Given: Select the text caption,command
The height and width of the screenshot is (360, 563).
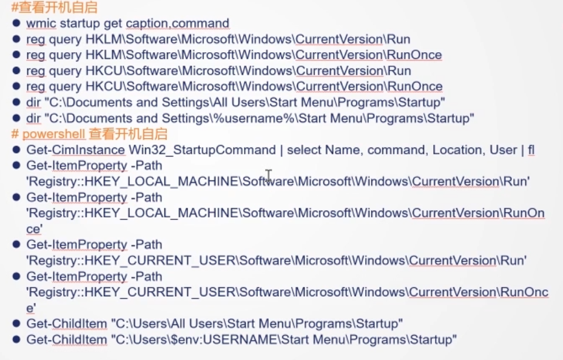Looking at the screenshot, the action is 177,24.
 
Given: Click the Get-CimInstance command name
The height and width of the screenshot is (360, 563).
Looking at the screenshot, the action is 76,150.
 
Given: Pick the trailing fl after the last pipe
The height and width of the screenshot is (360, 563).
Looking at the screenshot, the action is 531,150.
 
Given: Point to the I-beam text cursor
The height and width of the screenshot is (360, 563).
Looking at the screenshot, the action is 268,176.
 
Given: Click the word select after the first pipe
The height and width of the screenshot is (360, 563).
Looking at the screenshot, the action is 304,150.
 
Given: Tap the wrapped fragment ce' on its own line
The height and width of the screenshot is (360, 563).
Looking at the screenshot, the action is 34,229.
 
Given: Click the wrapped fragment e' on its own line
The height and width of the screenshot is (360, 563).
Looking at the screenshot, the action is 31,308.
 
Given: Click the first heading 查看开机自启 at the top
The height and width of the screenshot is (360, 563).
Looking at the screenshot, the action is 57,8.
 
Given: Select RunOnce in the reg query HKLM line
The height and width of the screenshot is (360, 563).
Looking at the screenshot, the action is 414,55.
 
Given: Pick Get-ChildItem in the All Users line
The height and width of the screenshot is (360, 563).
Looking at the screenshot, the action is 66,324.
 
